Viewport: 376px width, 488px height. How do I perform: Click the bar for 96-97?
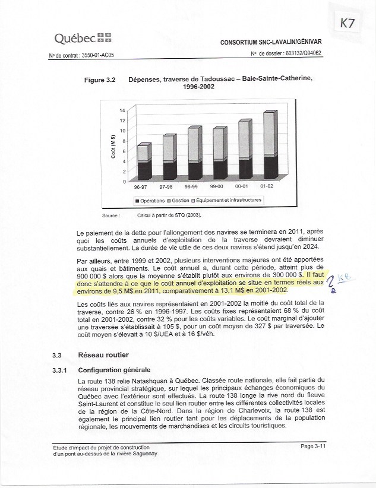144,162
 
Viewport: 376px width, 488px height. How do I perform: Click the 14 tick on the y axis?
122,111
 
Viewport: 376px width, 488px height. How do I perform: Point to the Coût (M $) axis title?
113,146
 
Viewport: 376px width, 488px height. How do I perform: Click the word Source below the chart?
110,216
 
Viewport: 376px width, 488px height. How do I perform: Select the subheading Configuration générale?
115,370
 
